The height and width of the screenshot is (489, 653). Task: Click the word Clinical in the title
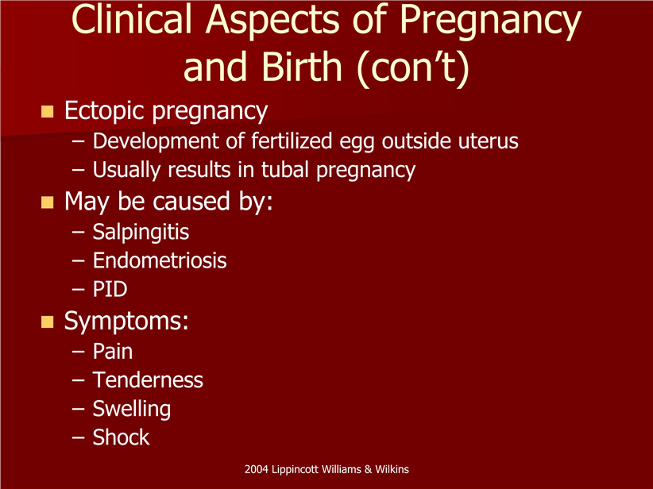(132, 20)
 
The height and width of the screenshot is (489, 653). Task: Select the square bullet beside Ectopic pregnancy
(48, 112)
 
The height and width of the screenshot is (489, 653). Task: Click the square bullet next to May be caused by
(48, 202)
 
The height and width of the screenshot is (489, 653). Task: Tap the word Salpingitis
(141, 233)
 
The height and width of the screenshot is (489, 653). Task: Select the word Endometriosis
(160, 260)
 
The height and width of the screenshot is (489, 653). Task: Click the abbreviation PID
(110, 289)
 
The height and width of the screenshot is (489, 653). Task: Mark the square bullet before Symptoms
(48, 322)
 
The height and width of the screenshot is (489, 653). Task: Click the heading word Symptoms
(126, 322)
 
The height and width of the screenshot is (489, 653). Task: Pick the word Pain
(113, 351)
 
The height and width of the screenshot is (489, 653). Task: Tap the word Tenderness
(148, 380)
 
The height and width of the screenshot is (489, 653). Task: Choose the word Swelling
(132, 409)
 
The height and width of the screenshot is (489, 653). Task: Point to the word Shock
(121, 437)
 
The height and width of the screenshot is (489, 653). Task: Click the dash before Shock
(78, 438)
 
